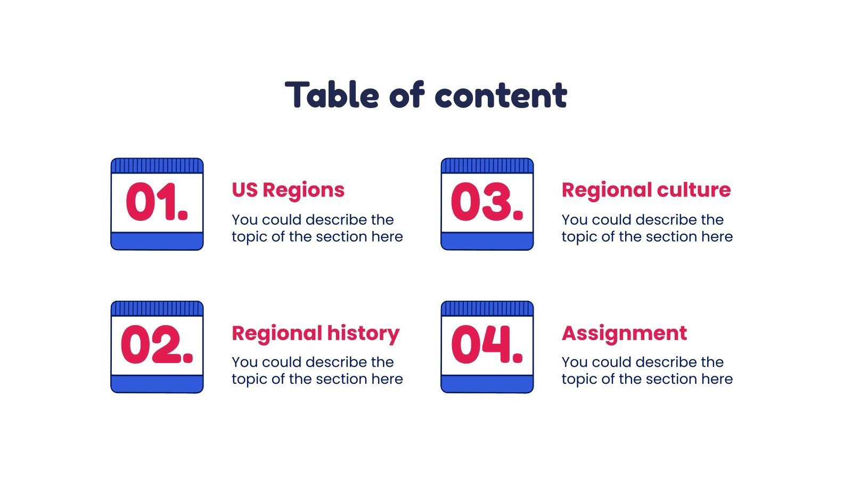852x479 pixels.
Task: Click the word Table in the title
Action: point(332,95)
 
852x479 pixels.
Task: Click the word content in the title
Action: point(501,95)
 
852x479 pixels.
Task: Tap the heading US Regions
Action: point(288,190)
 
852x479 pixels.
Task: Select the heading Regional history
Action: point(315,333)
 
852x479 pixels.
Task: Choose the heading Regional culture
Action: point(646,190)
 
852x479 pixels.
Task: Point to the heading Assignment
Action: point(624,333)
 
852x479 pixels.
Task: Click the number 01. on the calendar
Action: point(157,202)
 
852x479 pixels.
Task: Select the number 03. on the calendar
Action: point(487,202)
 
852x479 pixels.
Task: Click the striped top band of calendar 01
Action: point(157,166)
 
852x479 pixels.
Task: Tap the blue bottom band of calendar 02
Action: point(157,384)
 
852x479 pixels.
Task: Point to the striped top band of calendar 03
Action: point(487,166)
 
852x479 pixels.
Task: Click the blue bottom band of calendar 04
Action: point(487,384)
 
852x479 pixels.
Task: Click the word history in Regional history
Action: point(363,333)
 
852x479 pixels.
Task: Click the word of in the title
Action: point(407,95)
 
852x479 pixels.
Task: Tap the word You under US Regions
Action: point(244,220)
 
